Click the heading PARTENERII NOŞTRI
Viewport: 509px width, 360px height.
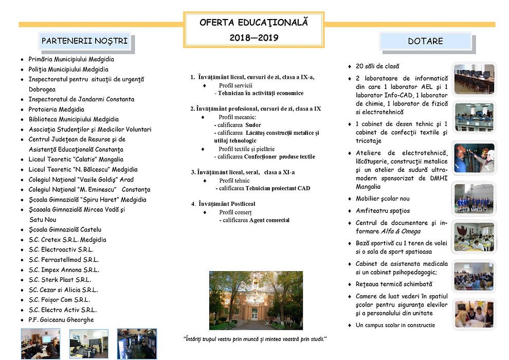(x=84, y=41)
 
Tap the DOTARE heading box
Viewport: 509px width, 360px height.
(x=425, y=41)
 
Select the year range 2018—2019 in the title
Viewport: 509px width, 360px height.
(x=254, y=38)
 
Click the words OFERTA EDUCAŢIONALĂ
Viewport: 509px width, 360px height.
(x=254, y=23)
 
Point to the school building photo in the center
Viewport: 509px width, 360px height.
(x=249, y=300)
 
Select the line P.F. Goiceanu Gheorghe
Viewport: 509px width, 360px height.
(x=61, y=320)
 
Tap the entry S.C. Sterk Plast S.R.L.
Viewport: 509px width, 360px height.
(x=60, y=280)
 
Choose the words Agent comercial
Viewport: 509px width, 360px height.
(x=269, y=220)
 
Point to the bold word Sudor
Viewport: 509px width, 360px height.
(x=253, y=125)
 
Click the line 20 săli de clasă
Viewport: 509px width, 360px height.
(x=377, y=66)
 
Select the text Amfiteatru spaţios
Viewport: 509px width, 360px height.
(x=383, y=211)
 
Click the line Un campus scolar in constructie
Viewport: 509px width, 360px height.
(x=395, y=325)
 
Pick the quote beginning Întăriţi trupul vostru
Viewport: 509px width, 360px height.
(x=256, y=339)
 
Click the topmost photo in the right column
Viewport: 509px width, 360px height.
(x=474, y=79)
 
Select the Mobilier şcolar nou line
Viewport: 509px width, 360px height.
(x=383, y=199)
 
